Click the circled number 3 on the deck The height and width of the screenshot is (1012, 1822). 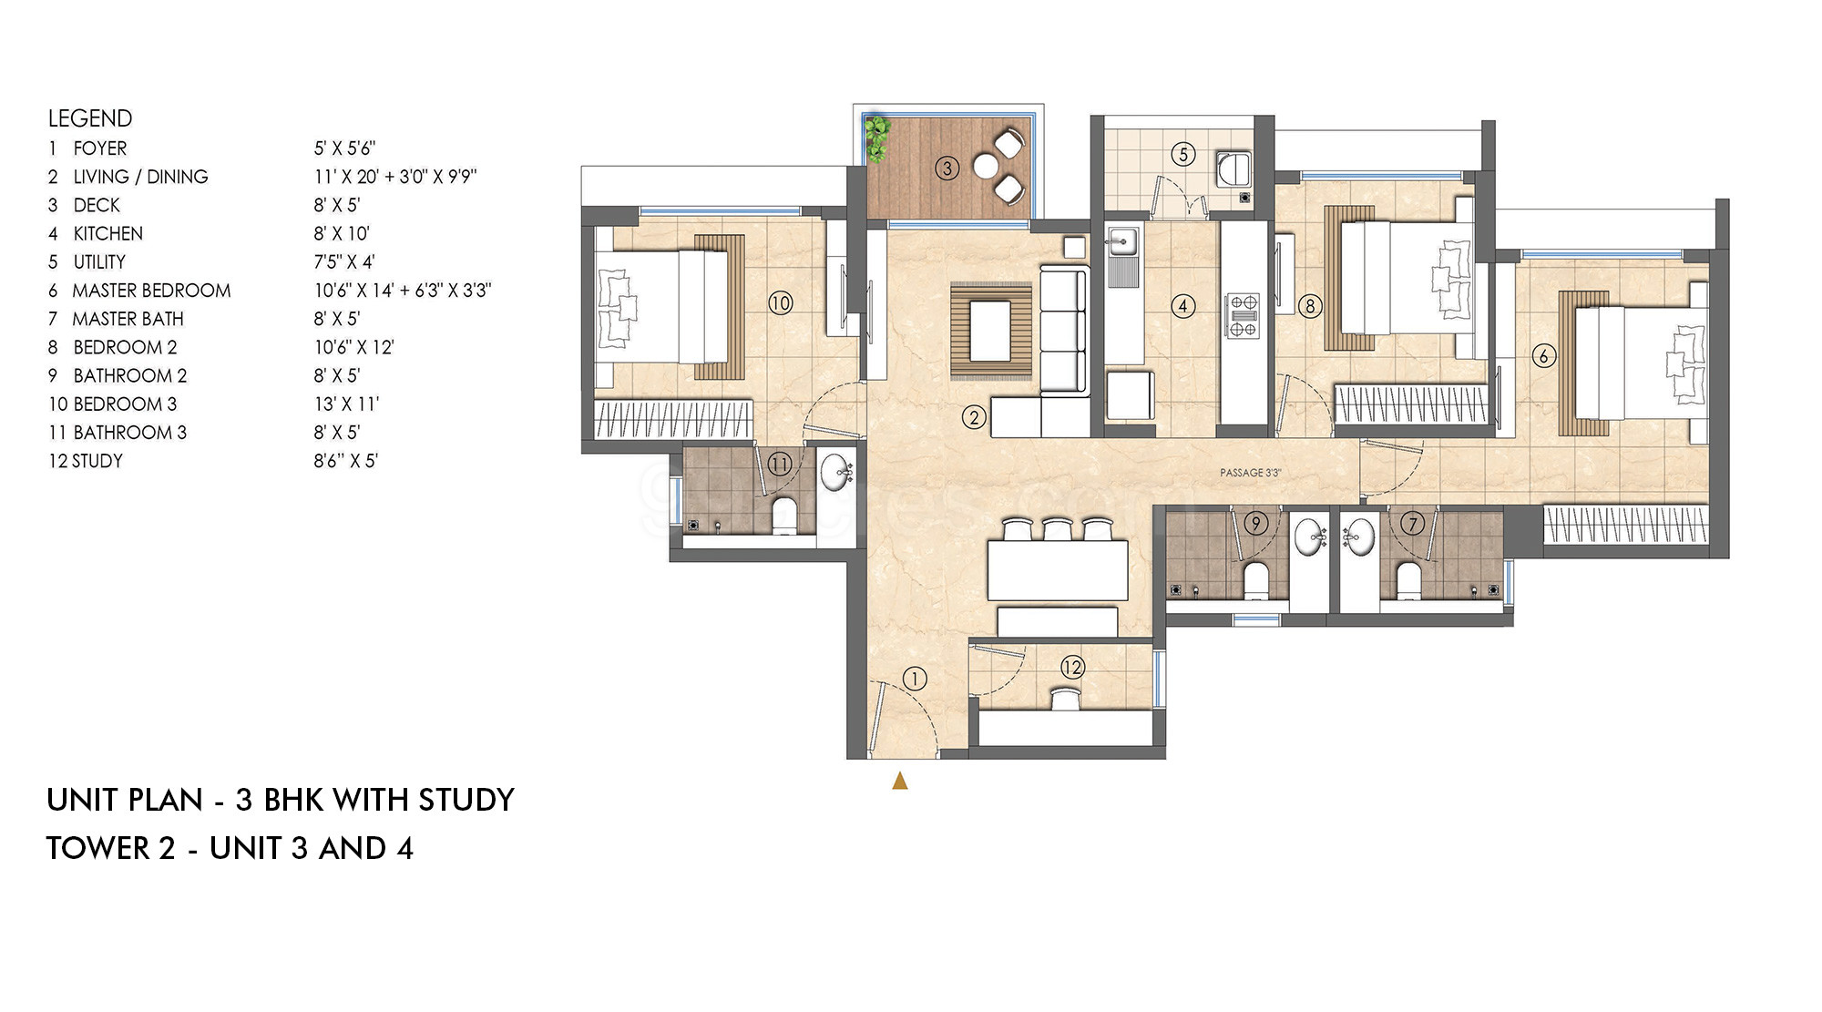tap(947, 169)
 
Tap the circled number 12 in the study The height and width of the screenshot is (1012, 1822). tap(1072, 668)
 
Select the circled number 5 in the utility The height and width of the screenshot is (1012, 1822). tap(1183, 154)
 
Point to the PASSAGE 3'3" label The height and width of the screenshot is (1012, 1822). tap(1250, 473)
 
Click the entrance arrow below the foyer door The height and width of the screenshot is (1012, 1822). tap(900, 781)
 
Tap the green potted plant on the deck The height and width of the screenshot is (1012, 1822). tap(876, 139)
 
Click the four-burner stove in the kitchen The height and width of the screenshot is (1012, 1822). tap(1243, 315)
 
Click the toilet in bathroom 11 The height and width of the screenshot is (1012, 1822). tap(785, 515)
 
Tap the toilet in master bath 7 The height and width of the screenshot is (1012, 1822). tap(1407, 581)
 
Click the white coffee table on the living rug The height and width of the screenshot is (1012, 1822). tap(991, 331)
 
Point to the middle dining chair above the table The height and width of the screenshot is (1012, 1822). tap(1058, 530)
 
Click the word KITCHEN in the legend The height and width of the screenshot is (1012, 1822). tap(108, 234)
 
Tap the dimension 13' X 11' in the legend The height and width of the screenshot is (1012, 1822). tap(346, 404)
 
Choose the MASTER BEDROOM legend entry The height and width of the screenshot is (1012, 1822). tap(151, 291)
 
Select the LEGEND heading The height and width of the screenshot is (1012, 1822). tap(90, 118)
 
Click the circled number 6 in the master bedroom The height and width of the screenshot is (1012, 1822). tap(1543, 356)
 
